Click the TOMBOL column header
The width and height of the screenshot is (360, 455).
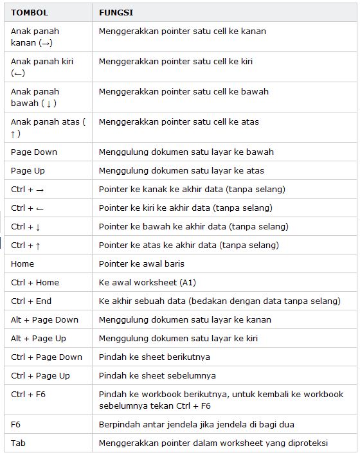click(x=29, y=12)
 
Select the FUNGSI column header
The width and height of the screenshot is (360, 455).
click(x=116, y=12)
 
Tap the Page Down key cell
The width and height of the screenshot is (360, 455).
click(x=34, y=152)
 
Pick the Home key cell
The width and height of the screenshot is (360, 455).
click(x=22, y=264)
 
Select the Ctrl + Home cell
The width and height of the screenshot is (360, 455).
click(x=35, y=283)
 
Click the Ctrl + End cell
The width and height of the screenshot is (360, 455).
click(x=31, y=301)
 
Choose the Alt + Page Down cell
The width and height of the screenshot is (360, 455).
click(x=44, y=320)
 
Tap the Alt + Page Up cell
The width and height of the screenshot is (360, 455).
click(x=39, y=339)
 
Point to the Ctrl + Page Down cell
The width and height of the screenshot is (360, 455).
click(x=46, y=357)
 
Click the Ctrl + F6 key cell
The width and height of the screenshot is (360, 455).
click(x=28, y=395)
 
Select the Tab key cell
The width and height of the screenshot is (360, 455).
click(x=18, y=443)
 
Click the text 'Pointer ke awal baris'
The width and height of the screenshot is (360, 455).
click(x=141, y=264)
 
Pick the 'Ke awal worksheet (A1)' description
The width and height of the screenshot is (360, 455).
click(x=147, y=283)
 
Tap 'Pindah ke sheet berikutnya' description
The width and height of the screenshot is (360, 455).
click(x=154, y=357)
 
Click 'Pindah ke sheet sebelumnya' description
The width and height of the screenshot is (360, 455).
click(x=157, y=376)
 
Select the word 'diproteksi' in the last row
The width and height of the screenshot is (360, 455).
click(x=306, y=443)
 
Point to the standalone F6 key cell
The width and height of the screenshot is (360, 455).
click(x=16, y=425)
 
